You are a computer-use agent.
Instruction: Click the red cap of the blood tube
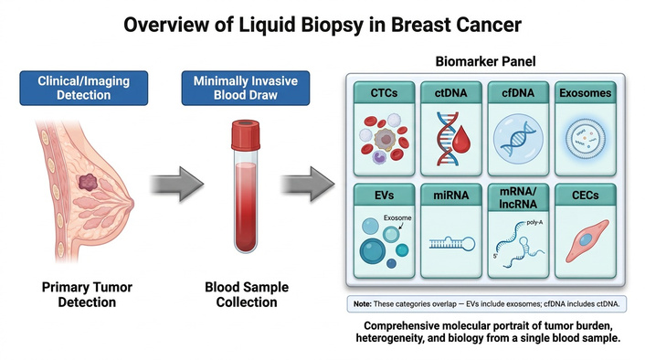coord(246,134)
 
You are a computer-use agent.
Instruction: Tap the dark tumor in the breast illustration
coord(88,182)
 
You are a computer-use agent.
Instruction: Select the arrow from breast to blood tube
coord(177,184)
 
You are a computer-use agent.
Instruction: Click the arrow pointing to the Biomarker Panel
coord(308,184)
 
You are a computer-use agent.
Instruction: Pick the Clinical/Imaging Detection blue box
coord(84,88)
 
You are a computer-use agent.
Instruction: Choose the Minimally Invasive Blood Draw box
coord(246,88)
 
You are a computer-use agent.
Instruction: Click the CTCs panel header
coord(385,92)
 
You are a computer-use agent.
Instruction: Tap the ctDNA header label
coord(450,93)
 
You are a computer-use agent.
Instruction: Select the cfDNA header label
coord(518,93)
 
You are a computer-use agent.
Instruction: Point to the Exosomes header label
coord(585,93)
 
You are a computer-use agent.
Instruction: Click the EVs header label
coord(385,195)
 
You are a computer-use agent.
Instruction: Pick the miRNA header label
coord(450,195)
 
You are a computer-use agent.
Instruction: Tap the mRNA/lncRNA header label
coord(518,197)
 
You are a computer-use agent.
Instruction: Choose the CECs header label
coord(585,195)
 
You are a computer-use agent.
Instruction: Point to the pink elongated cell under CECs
coord(587,240)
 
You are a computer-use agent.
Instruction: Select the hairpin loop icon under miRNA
coord(452,244)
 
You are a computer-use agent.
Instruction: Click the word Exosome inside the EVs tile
coord(397,217)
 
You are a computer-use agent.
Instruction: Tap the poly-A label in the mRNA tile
coord(534,223)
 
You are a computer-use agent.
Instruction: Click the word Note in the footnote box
coord(363,304)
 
